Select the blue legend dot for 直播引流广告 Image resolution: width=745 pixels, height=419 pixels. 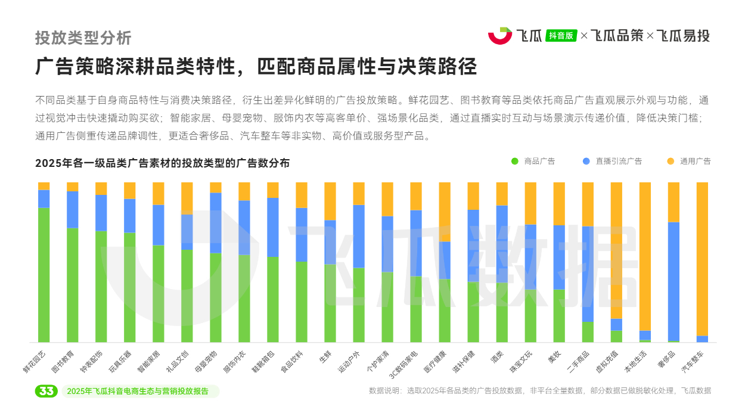pyautogui.click(x=586, y=161)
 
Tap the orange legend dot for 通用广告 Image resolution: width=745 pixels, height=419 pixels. pyautogui.click(x=670, y=161)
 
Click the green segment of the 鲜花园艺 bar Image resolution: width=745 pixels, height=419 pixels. pyautogui.click(x=44, y=274)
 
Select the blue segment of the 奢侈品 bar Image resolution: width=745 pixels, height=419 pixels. pyautogui.click(x=673, y=281)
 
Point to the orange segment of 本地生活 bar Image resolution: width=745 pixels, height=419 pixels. pyautogui.click(x=645, y=256)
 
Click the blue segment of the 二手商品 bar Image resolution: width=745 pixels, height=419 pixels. pyautogui.click(x=588, y=274)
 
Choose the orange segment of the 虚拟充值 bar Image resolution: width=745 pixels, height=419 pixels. pyautogui.click(x=616, y=250)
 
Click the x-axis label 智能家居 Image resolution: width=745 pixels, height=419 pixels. pyautogui.click(x=149, y=361)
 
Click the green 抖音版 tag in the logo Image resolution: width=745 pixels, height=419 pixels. pyautogui.click(x=561, y=35)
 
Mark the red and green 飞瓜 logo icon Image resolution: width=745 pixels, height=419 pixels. pyautogui.click(x=500, y=35)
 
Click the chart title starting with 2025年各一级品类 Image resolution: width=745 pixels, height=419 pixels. pyautogui.click(x=162, y=163)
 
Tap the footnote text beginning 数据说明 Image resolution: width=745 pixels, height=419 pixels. pyautogui.click(x=540, y=391)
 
